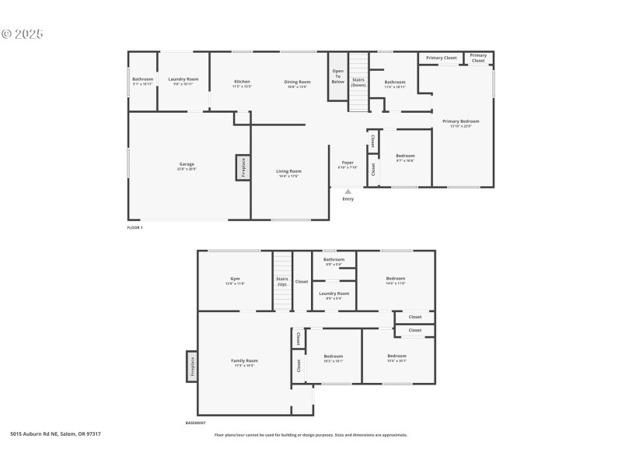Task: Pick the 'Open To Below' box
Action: (x=337, y=76)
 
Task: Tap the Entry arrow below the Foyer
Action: (x=348, y=191)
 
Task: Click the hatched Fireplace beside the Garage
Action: (x=242, y=168)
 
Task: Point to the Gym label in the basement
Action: (x=235, y=280)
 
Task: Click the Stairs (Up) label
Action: (x=282, y=281)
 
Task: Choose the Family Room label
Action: (x=244, y=362)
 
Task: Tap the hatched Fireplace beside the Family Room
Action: (x=191, y=367)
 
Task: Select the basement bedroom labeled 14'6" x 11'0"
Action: (x=396, y=280)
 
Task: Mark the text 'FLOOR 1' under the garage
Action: (x=135, y=227)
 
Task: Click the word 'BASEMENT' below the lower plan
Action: (x=195, y=423)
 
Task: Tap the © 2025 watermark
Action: (x=23, y=34)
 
